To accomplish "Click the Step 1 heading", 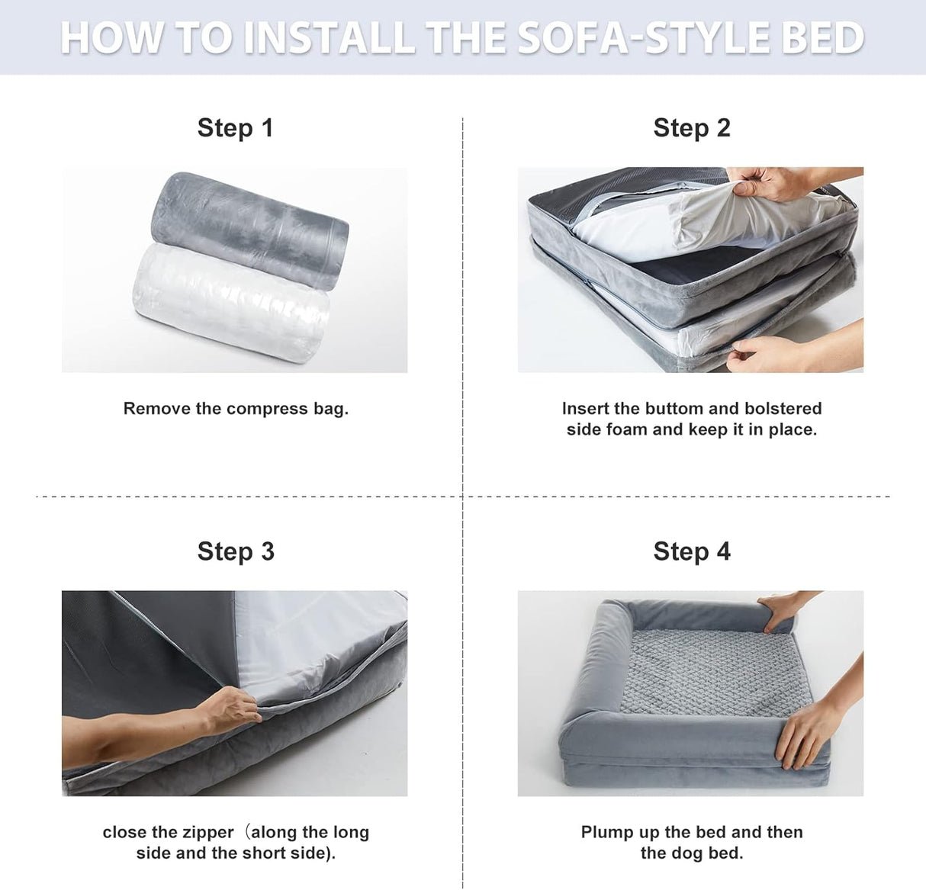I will click(x=235, y=128).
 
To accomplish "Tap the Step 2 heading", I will click(x=691, y=128).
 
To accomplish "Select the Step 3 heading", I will click(x=236, y=551).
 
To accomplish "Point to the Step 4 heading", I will click(x=691, y=551).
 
